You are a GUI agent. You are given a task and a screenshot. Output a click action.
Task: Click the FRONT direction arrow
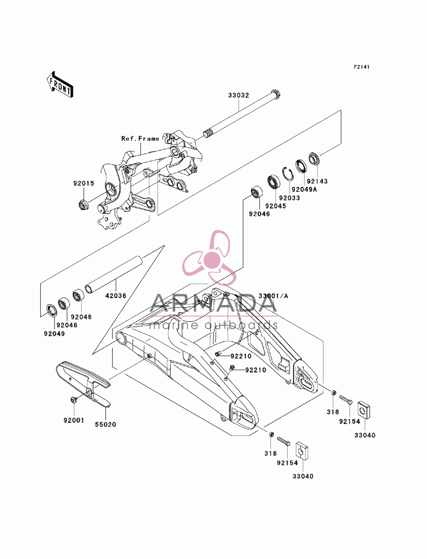point(60,84)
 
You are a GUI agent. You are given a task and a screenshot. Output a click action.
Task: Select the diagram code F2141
point(361,67)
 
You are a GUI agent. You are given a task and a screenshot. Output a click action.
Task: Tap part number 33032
point(238,95)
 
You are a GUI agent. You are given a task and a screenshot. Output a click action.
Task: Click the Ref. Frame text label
point(140,138)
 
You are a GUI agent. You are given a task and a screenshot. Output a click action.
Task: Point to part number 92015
point(84,183)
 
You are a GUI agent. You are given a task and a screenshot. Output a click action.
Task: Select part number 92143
point(317,181)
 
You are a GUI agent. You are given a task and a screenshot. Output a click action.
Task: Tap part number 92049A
point(304,190)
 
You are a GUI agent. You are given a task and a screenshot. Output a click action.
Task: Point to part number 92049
point(54,334)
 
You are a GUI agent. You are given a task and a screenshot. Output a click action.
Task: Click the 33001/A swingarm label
point(273,296)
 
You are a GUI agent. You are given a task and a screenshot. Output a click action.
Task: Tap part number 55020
point(105,424)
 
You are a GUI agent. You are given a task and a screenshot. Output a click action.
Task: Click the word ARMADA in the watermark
point(213,303)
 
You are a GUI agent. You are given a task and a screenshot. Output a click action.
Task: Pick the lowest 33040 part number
point(303,476)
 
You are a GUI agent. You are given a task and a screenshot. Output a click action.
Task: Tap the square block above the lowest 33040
point(302,451)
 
